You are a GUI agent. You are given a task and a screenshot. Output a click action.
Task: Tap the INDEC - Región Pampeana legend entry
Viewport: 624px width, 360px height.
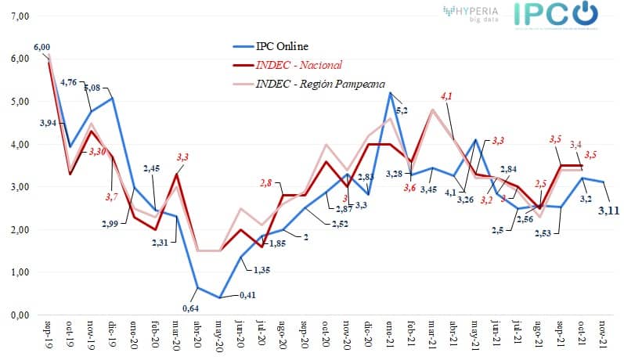pos(320,83)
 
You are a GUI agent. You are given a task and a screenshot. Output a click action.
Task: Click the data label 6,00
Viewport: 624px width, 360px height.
pos(41,47)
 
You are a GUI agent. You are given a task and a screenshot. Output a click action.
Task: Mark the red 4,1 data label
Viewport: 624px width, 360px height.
pos(446,95)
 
